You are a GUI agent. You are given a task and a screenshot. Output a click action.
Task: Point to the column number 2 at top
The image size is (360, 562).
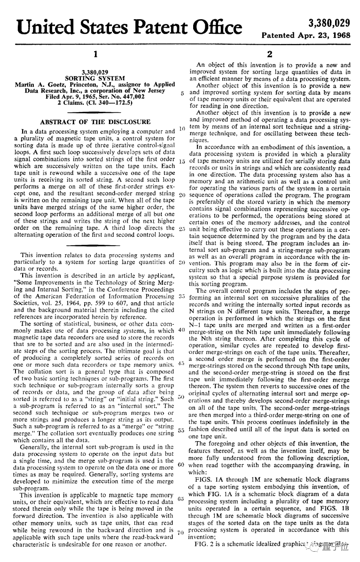[x=269, y=54]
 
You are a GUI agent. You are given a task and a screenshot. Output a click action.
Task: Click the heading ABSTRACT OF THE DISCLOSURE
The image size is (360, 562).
[x=95, y=122]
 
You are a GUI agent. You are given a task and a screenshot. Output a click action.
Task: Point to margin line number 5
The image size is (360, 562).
[x=181, y=93]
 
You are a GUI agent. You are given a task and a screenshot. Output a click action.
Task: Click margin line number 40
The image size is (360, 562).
[x=180, y=329]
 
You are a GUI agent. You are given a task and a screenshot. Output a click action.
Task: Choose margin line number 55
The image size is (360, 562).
[x=181, y=430]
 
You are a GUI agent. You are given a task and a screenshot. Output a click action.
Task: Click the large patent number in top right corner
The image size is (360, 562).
[x=329, y=23]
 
